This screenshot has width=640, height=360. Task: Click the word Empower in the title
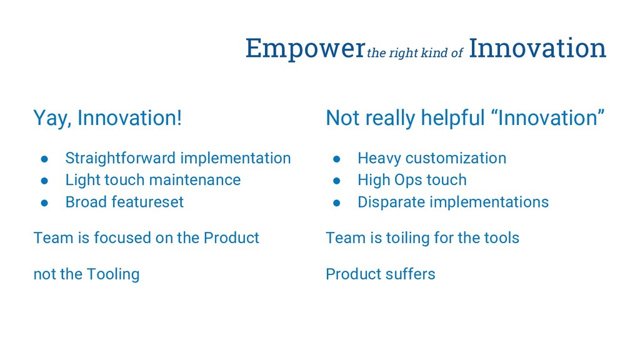pos(305,49)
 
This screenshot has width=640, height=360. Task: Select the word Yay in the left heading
pos(52,118)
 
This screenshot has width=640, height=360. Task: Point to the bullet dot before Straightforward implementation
pos(44,159)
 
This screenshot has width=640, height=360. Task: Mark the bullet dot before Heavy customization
pos(337,159)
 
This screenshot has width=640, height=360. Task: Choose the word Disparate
pos(391,202)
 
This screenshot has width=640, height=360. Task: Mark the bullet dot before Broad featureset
pos(44,203)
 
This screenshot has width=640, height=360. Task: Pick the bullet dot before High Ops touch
pos(337,181)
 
